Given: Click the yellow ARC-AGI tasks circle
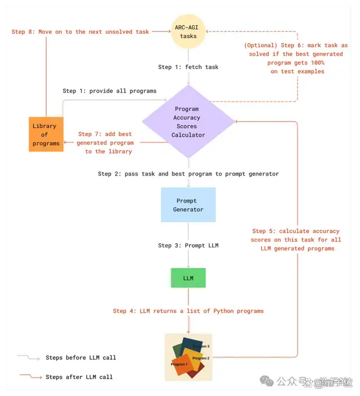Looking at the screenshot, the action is tap(188, 31).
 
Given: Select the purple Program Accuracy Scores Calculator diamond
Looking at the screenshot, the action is tap(188, 121).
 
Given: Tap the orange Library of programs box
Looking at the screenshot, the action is tap(46, 134).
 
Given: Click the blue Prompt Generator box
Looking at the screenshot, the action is tap(188, 205).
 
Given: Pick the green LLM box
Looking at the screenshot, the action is tap(188, 278).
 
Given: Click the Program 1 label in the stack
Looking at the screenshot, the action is tap(179, 364).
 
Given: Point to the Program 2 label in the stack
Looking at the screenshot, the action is tap(201, 358).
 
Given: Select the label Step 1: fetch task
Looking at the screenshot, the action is tap(188, 67).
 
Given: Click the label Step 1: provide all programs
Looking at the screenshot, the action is tap(109, 91).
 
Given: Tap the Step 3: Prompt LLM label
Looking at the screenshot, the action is tap(188, 245).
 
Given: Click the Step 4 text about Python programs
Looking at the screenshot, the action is tap(188, 311).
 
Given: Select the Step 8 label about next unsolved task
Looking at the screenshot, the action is tap(80, 32).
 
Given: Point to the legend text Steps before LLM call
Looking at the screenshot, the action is tap(81, 358).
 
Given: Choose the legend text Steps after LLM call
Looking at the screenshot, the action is tap(79, 377).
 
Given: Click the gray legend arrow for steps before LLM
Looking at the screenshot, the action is tap(29, 357).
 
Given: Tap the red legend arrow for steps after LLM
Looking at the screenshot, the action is tap(30, 376).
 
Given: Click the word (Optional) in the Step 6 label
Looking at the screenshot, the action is tap(260, 46).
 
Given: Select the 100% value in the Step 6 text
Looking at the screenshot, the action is tap(318, 62).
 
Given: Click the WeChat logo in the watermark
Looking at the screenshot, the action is tap(267, 381).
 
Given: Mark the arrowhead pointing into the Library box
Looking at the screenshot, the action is tap(65, 142).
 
